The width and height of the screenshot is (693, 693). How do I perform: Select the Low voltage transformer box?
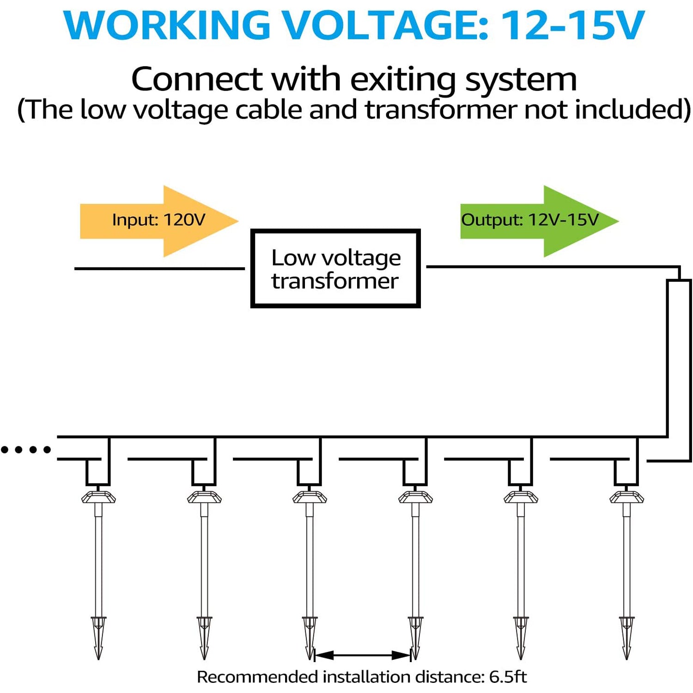coord(335,268)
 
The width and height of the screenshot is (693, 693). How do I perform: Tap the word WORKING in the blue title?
coord(167,25)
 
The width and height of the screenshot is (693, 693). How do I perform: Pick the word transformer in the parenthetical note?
coord(441,110)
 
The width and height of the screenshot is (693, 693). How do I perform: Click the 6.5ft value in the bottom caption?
coord(508,677)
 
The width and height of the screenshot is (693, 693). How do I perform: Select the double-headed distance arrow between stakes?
coord(362,655)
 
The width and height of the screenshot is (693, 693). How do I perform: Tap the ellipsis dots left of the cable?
coord(26,450)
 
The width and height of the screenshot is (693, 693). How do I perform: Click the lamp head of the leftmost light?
coord(98,497)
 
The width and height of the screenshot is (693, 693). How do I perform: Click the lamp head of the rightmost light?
coord(626,497)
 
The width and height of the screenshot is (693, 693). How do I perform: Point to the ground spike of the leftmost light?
coord(98,638)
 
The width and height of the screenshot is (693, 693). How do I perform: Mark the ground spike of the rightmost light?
coord(626,638)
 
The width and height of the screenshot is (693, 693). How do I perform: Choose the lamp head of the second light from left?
coord(204,497)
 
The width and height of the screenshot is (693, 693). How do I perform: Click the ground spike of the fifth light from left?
coord(521,638)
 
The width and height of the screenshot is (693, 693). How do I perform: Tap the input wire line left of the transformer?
coord(159,268)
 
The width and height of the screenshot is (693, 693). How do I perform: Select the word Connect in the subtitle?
coord(197,79)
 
